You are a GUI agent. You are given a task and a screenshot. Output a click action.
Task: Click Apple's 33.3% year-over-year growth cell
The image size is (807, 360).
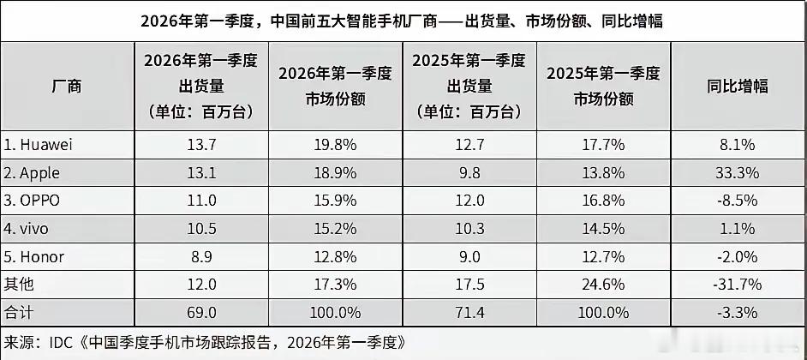tap(737, 173)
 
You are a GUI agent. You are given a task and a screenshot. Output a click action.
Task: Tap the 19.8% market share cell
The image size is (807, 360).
tap(334, 145)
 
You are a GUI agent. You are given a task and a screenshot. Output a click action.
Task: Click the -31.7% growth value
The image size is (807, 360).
tap(737, 285)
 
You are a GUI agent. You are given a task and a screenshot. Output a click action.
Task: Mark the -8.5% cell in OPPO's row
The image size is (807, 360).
tap(737, 201)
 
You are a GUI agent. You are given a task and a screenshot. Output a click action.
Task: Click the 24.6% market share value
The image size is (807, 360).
tap(603, 285)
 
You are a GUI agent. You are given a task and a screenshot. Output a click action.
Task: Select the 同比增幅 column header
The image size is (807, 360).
tap(737, 87)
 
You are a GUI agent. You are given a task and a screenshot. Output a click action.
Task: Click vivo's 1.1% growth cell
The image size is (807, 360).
tap(737, 229)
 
